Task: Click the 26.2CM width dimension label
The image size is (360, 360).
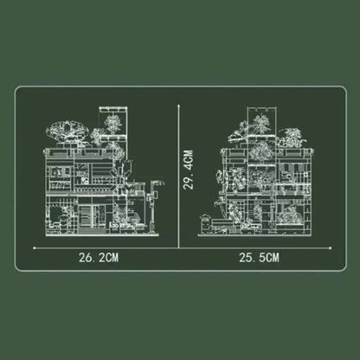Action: coord(99,258)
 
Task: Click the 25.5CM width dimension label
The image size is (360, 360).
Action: coord(259,258)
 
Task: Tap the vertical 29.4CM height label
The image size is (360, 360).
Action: coord(189,170)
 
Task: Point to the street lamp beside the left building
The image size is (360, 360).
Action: coord(155,206)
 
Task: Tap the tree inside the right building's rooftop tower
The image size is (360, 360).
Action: coord(261,124)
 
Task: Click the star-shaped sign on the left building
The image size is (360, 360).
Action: coord(122,177)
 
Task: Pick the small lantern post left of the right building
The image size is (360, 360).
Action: coord(205,223)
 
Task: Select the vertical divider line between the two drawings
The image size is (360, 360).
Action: coord(179,177)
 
